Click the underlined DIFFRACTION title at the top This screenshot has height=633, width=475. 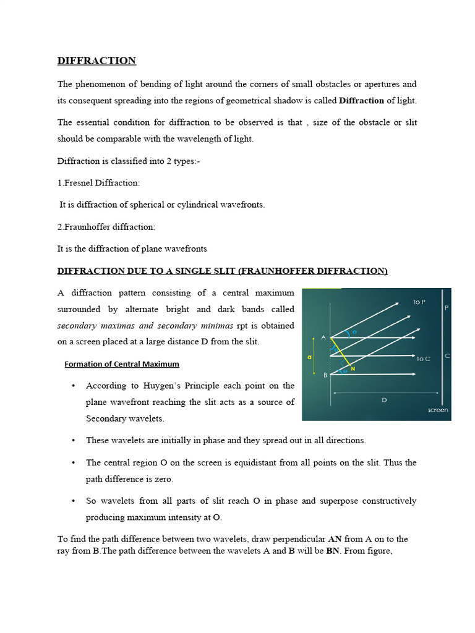[x=96, y=61]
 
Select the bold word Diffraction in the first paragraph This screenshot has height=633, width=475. [x=362, y=100]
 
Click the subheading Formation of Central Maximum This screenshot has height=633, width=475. [x=122, y=364]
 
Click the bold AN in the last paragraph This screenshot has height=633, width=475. [x=335, y=540]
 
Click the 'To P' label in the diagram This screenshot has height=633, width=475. [x=419, y=302]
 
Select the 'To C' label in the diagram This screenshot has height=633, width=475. [x=423, y=359]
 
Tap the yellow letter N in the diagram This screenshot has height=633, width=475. [x=353, y=369]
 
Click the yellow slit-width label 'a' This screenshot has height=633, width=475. [x=309, y=357]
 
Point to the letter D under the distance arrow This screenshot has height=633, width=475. [x=384, y=401]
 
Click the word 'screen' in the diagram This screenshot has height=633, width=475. [x=438, y=410]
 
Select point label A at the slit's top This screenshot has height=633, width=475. [x=323, y=338]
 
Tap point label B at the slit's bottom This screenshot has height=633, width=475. [x=325, y=375]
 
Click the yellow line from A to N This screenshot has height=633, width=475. [x=341, y=352]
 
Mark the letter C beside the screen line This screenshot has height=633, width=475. [x=447, y=356]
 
